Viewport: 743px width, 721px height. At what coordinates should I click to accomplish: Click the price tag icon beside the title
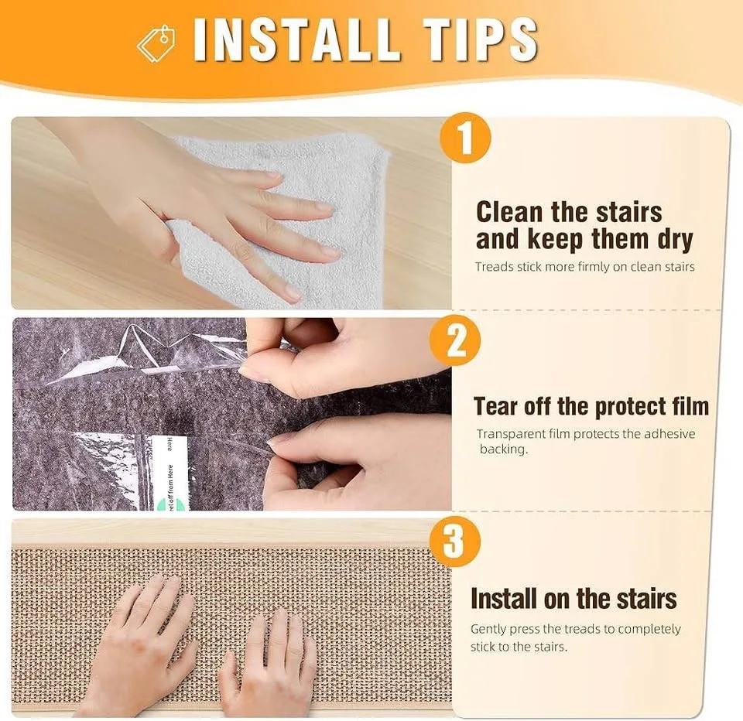click(x=156, y=42)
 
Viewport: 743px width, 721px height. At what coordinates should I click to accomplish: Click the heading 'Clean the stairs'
click(x=569, y=211)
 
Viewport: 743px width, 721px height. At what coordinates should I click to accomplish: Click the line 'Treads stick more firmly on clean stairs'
click(x=584, y=267)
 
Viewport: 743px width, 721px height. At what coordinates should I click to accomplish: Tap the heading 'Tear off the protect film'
click(x=591, y=406)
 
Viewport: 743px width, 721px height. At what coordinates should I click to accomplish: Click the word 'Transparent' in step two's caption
click(x=512, y=434)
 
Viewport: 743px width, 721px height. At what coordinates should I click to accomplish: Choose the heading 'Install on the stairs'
click(x=574, y=598)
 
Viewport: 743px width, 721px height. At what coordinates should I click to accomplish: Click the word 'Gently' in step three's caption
click(x=491, y=629)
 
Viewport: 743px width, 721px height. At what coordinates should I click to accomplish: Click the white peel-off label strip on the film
click(x=162, y=472)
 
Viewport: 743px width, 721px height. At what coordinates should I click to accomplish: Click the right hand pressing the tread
click(x=267, y=658)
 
